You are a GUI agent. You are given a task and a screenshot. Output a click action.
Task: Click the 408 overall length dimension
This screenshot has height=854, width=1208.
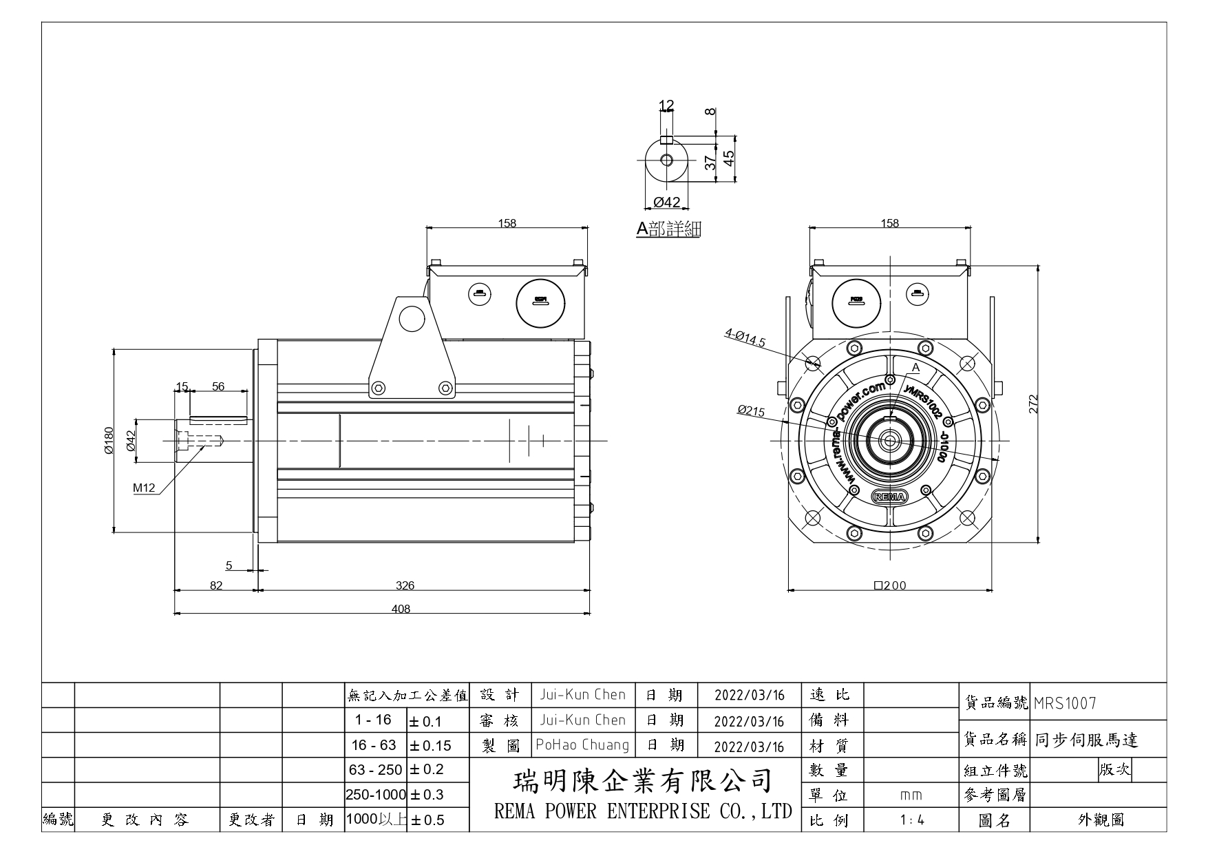tap(401, 608)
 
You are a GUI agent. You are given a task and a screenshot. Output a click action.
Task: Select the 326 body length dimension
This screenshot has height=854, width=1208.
tap(405, 585)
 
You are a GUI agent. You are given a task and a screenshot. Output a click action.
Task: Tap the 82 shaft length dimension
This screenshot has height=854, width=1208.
tap(216, 585)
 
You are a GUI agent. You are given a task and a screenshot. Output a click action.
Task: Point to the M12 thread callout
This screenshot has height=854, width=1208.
tap(145, 488)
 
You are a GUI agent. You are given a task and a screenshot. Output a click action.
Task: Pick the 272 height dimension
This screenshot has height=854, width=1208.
tap(1033, 404)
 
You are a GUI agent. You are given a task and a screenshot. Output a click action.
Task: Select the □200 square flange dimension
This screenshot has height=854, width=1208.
tap(890, 585)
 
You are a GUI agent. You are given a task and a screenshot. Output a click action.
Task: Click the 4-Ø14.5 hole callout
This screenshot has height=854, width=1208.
tap(745, 337)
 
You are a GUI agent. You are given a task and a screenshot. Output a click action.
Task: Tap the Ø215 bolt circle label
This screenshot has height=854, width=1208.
tap(751, 411)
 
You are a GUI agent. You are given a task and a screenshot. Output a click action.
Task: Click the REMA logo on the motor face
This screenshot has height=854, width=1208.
tap(890, 496)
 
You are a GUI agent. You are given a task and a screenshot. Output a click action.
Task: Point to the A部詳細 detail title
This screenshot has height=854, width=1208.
tap(668, 229)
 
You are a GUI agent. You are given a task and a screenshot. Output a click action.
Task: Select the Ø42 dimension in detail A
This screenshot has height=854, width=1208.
tap(666, 202)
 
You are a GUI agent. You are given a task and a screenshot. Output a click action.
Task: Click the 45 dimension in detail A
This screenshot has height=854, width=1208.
tap(728, 159)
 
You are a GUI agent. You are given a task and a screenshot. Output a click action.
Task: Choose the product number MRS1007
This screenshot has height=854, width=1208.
tap(1065, 703)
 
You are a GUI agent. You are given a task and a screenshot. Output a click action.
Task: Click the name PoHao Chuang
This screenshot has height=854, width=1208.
tap(582, 744)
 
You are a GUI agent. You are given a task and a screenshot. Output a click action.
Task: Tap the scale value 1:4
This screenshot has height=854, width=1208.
tap(911, 820)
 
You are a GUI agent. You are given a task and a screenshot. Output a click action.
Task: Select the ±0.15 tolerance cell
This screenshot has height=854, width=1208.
tap(431, 746)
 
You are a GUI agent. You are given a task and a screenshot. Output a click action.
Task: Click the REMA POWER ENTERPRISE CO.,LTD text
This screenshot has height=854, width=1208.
tap(643, 811)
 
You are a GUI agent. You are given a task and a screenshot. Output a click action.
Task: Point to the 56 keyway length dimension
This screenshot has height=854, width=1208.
tap(218, 386)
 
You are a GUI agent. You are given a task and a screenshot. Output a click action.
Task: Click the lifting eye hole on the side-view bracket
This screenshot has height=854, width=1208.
tap(412, 318)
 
